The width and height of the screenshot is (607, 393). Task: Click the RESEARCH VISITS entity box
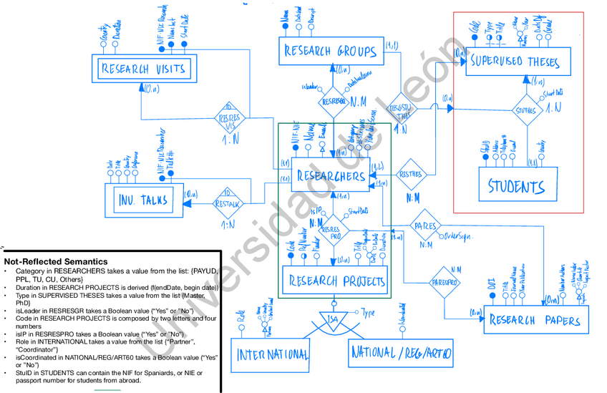(x=145, y=69)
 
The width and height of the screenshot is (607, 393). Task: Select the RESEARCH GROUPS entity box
(x=330, y=51)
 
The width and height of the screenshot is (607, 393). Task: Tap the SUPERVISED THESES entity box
(x=519, y=62)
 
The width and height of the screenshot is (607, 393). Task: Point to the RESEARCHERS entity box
(x=330, y=176)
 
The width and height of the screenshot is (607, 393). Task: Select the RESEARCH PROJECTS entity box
(x=336, y=281)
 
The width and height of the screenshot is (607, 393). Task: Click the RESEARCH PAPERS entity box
(x=536, y=319)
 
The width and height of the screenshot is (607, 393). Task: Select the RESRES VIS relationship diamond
(x=229, y=117)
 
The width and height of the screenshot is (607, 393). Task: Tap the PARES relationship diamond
(x=425, y=225)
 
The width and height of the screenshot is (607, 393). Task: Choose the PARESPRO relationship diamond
(x=444, y=283)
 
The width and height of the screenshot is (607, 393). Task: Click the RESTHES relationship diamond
(x=411, y=174)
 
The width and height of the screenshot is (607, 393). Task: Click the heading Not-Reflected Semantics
(x=56, y=262)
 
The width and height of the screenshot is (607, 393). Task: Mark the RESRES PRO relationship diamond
(x=331, y=231)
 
